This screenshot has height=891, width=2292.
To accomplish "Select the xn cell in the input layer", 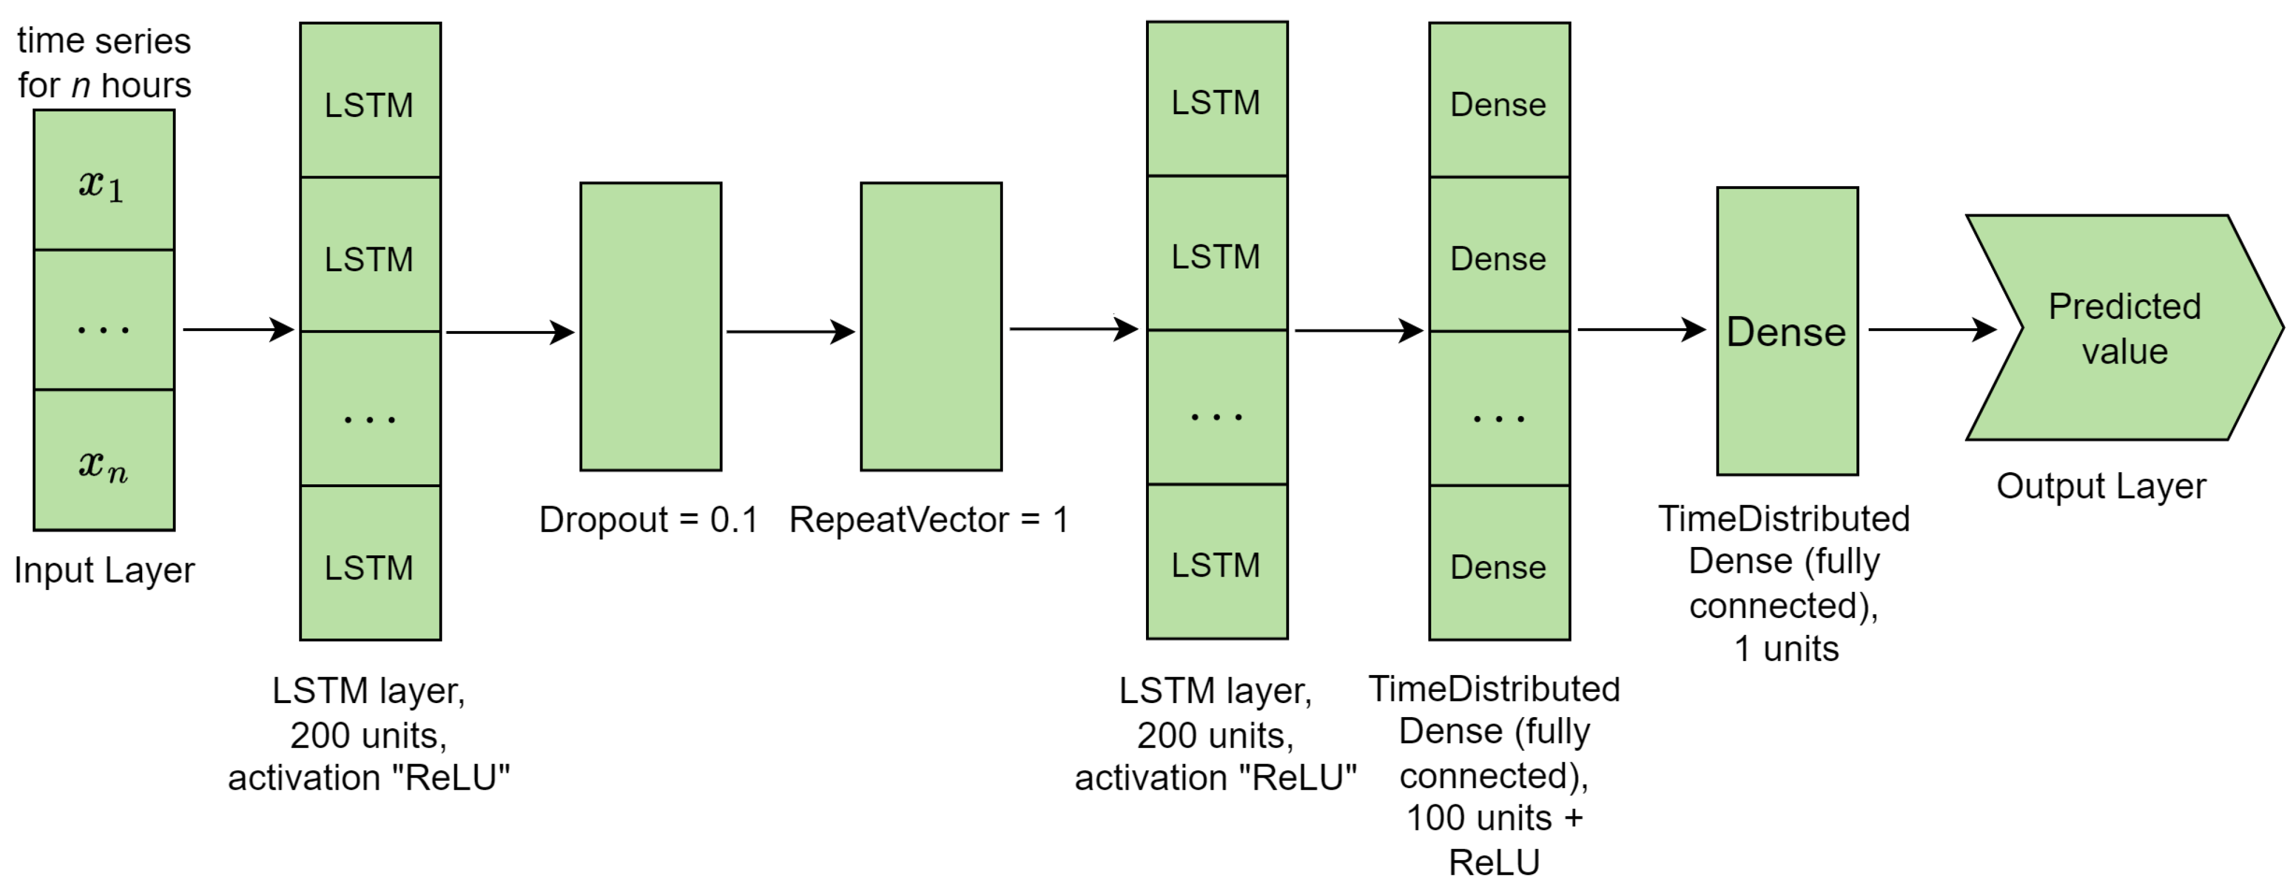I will (x=103, y=461).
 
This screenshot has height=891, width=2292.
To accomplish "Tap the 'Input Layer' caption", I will (x=104, y=571).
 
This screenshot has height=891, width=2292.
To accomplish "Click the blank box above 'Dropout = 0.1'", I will (x=650, y=327).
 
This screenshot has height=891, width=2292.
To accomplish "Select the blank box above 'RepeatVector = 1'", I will (x=931, y=327).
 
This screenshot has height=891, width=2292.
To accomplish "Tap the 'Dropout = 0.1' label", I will (x=649, y=520).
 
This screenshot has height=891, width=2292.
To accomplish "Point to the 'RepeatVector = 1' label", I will (x=929, y=520).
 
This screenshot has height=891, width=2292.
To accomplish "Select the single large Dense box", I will (x=1786, y=331).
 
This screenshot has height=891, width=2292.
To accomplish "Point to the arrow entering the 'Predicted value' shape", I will (x=1931, y=330).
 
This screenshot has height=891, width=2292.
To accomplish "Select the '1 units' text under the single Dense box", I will (x=1786, y=649).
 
